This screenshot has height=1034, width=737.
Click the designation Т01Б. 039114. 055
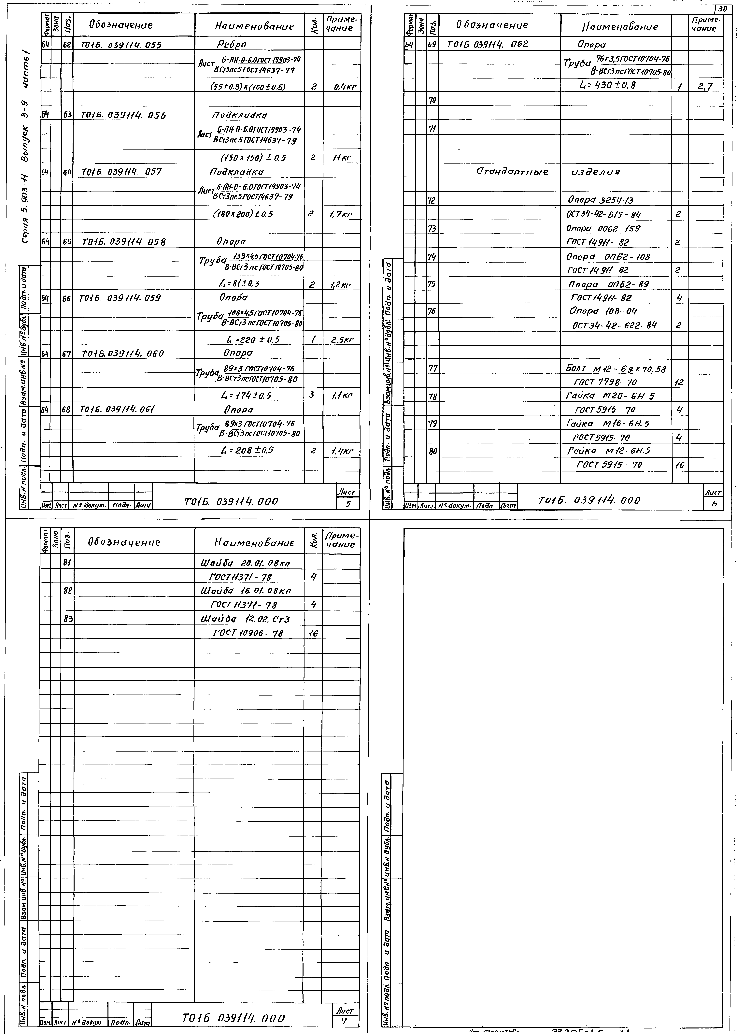(x=122, y=44)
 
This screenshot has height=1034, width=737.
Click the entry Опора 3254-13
(x=600, y=200)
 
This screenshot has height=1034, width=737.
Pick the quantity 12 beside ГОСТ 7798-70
(x=679, y=383)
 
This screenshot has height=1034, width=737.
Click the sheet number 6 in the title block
(x=714, y=503)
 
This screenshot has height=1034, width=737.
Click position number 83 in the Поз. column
(x=68, y=619)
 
